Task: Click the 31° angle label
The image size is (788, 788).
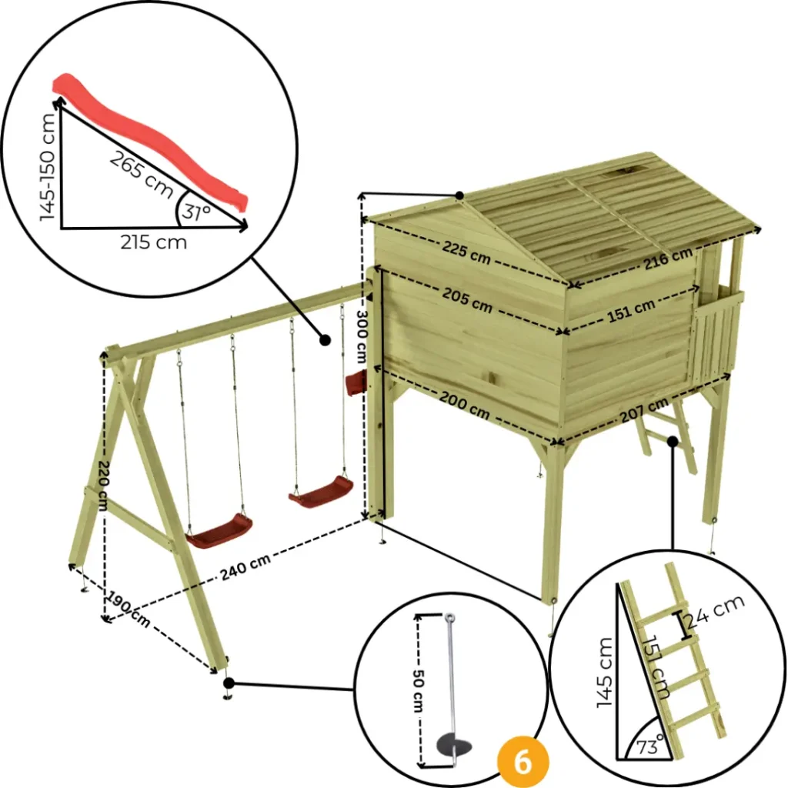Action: tap(196, 212)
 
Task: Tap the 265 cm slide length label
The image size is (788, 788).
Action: tap(142, 174)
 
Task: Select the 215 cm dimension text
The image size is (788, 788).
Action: tap(153, 242)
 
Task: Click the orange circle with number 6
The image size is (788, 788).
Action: tap(523, 763)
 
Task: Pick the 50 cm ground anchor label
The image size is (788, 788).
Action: tap(417, 690)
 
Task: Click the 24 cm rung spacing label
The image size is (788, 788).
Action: tap(715, 612)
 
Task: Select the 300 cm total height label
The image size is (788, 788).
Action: tap(362, 336)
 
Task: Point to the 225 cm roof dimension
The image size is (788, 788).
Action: tap(466, 252)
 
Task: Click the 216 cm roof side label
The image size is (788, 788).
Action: tap(669, 259)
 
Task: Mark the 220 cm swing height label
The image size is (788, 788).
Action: tap(102, 486)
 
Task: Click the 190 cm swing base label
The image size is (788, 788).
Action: tap(129, 609)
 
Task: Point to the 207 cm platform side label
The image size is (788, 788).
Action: tap(644, 410)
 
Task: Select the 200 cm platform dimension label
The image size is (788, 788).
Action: tap(465, 405)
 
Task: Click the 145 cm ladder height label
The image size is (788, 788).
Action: tap(605, 673)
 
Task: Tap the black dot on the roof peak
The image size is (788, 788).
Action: tap(459, 195)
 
